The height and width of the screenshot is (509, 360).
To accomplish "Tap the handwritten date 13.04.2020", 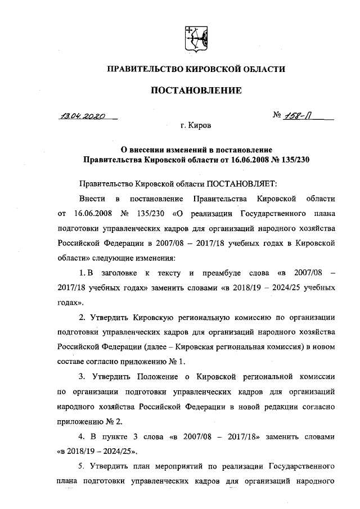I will (82, 117).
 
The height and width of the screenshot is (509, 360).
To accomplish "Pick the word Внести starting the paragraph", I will (92, 199).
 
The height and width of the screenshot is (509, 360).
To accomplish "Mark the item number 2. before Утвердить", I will (83, 317).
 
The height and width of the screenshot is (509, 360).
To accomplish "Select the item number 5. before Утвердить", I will (83, 466).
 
